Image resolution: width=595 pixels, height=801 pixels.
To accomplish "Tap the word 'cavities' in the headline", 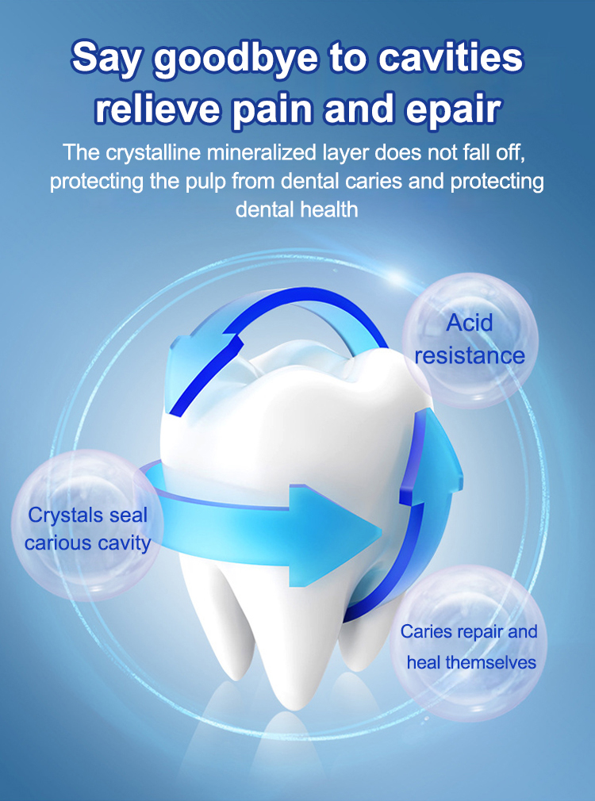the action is (451, 57).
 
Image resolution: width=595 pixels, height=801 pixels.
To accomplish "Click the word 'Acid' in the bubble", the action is (469, 323).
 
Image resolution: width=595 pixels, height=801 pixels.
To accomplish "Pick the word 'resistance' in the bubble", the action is (470, 356).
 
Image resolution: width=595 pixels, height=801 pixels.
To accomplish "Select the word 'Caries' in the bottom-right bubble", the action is (427, 632).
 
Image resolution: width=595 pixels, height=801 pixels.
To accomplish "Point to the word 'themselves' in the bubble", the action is (491, 662).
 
